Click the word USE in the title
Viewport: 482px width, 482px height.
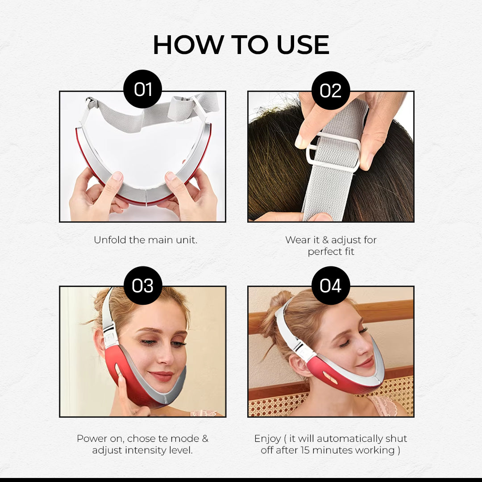(x=303, y=45)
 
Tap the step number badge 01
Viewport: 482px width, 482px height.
(x=143, y=89)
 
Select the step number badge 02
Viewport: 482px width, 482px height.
(x=331, y=90)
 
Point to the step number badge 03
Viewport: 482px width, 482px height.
(x=143, y=286)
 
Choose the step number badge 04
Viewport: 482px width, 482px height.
(x=331, y=286)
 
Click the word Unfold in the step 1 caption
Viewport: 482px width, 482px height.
(x=110, y=240)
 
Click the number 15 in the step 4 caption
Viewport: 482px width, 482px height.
(x=305, y=450)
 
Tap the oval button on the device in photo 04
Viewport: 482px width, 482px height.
(x=330, y=378)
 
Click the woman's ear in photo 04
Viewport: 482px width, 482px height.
(x=299, y=366)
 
